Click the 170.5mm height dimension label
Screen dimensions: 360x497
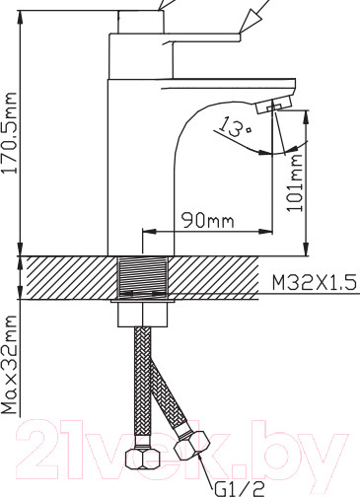click(9, 133)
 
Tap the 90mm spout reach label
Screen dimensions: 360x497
click(208, 220)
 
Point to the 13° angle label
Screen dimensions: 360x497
click(235, 127)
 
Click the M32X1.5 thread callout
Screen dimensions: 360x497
click(314, 283)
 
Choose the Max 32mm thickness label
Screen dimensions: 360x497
click(9, 365)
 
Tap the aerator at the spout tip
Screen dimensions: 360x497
click(273, 105)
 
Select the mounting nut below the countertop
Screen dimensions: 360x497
click(143, 315)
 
